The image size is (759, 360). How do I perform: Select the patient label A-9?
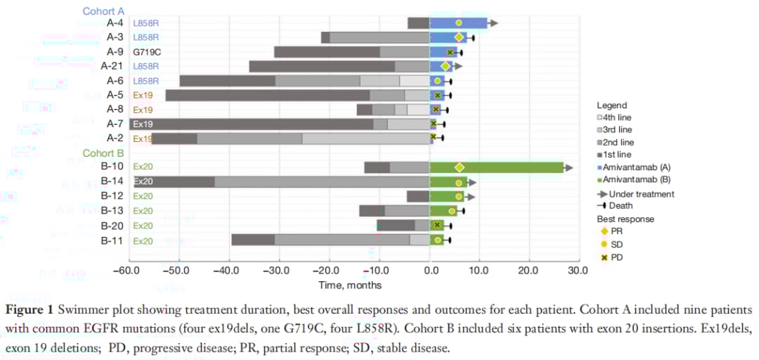pyautogui.click(x=115, y=51)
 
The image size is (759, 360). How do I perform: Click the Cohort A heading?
pyautogui.click(x=103, y=11)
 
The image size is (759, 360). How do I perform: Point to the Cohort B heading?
pyautogui.click(x=103, y=153)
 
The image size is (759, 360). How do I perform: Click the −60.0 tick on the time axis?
pyautogui.click(x=128, y=271)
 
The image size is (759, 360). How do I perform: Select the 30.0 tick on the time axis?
pyautogui.click(x=578, y=271)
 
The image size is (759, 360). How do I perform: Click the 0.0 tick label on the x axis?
pyautogui.click(x=430, y=271)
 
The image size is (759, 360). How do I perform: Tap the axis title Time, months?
pyautogui.click(x=350, y=285)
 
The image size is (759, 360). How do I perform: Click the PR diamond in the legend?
pyautogui.click(x=602, y=231)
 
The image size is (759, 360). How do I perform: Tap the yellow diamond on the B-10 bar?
pyautogui.click(x=460, y=167)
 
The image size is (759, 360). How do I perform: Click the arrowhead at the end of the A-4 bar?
pyautogui.click(x=494, y=23)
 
